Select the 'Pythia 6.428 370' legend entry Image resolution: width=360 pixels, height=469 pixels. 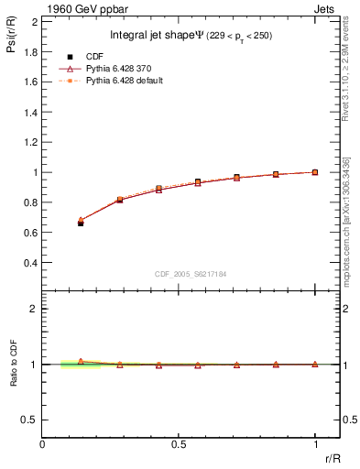(108, 68)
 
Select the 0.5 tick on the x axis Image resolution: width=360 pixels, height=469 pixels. (179, 445)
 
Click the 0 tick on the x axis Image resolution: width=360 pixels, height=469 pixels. (43, 445)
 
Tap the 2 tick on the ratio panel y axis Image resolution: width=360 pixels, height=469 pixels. (33, 309)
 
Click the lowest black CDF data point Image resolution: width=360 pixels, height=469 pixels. (81, 223)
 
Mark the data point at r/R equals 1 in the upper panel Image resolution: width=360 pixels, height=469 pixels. (314, 171)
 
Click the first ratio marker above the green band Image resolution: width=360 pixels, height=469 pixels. (81, 361)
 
